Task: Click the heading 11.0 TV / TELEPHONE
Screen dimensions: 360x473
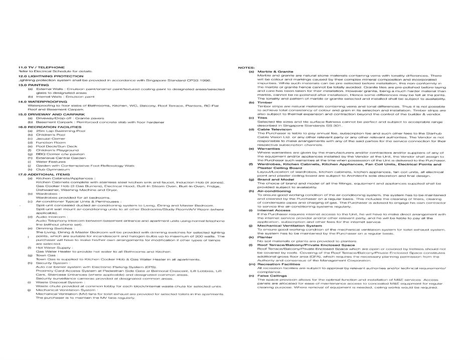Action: pos(42,67)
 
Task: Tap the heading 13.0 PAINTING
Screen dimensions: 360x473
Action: pos(34,85)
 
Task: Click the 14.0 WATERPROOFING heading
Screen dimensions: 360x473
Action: pos(43,102)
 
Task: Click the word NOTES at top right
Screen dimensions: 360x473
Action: pos(246,67)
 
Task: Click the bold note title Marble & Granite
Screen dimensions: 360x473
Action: pos(275,72)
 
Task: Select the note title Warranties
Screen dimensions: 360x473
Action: pos(268,149)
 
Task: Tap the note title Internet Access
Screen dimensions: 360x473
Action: pos(273,210)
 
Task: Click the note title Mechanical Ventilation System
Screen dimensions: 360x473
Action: pos(289,226)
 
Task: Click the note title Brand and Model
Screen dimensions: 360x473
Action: pos(275,179)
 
